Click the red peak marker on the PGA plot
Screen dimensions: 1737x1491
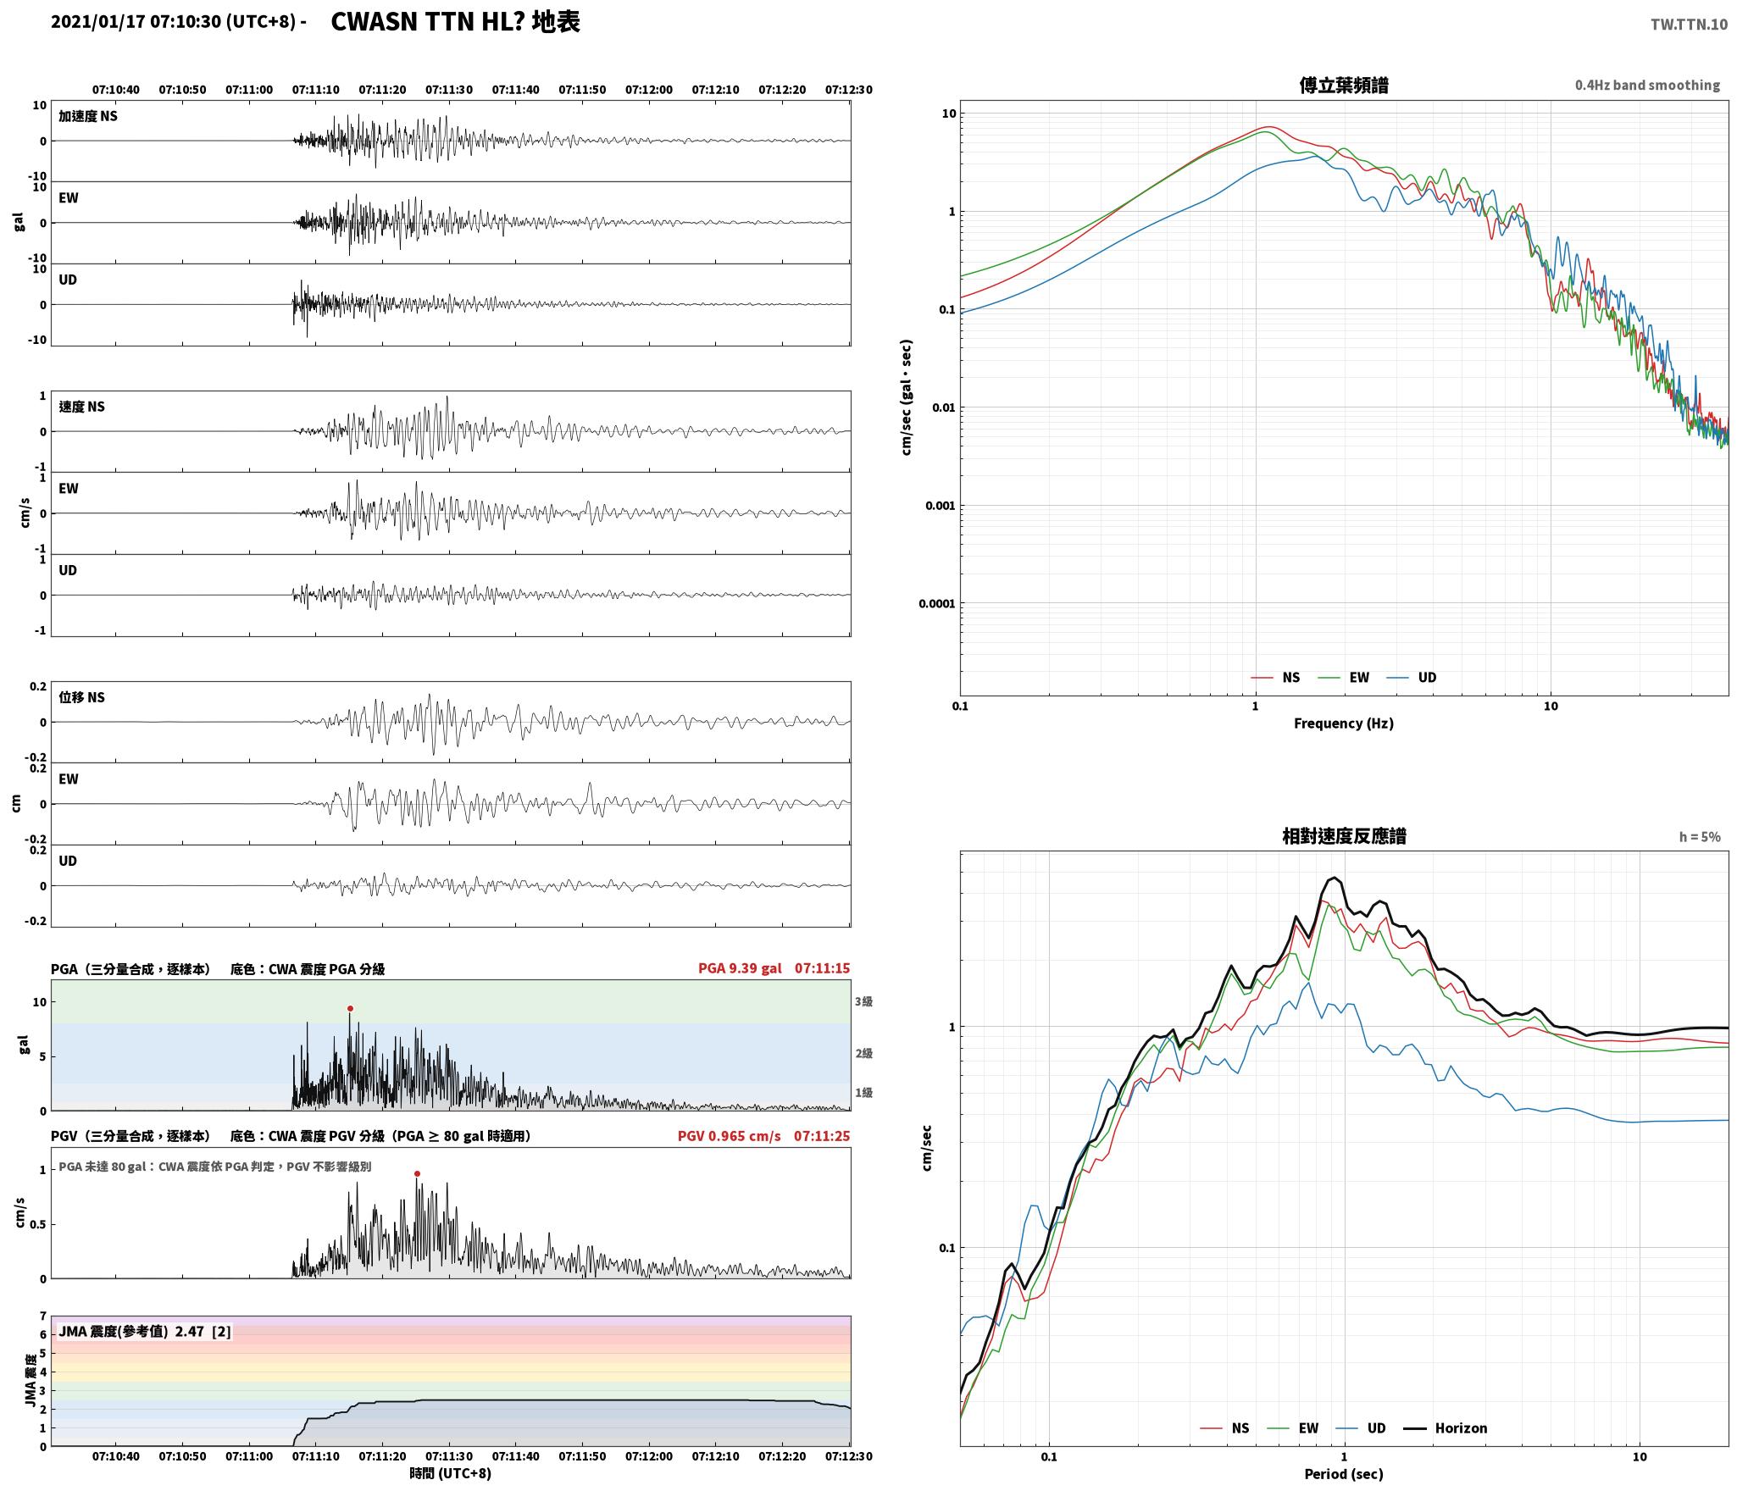[350, 1008]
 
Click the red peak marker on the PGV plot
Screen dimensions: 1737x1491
[417, 1173]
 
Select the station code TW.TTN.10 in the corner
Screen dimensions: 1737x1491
[1688, 25]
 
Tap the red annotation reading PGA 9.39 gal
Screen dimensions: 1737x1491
[740, 967]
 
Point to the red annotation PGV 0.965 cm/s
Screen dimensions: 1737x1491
[729, 1135]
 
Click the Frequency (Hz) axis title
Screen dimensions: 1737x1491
[1343, 723]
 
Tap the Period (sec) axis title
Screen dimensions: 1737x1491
[1343, 1473]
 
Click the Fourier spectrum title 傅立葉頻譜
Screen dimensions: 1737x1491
[1343, 85]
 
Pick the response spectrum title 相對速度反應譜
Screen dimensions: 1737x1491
[1343, 836]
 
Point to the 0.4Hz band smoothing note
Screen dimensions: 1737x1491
[1647, 85]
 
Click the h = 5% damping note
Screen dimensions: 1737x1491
[1700, 837]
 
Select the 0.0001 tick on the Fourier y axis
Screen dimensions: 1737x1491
[936, 603]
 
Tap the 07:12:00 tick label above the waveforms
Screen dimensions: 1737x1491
[648, 89]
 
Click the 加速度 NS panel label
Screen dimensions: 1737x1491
[88, 116]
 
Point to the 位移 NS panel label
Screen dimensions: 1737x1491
[81, 697]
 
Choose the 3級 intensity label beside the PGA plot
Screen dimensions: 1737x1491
[863, 1001]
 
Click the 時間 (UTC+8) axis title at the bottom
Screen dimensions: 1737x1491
[450, 1472]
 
